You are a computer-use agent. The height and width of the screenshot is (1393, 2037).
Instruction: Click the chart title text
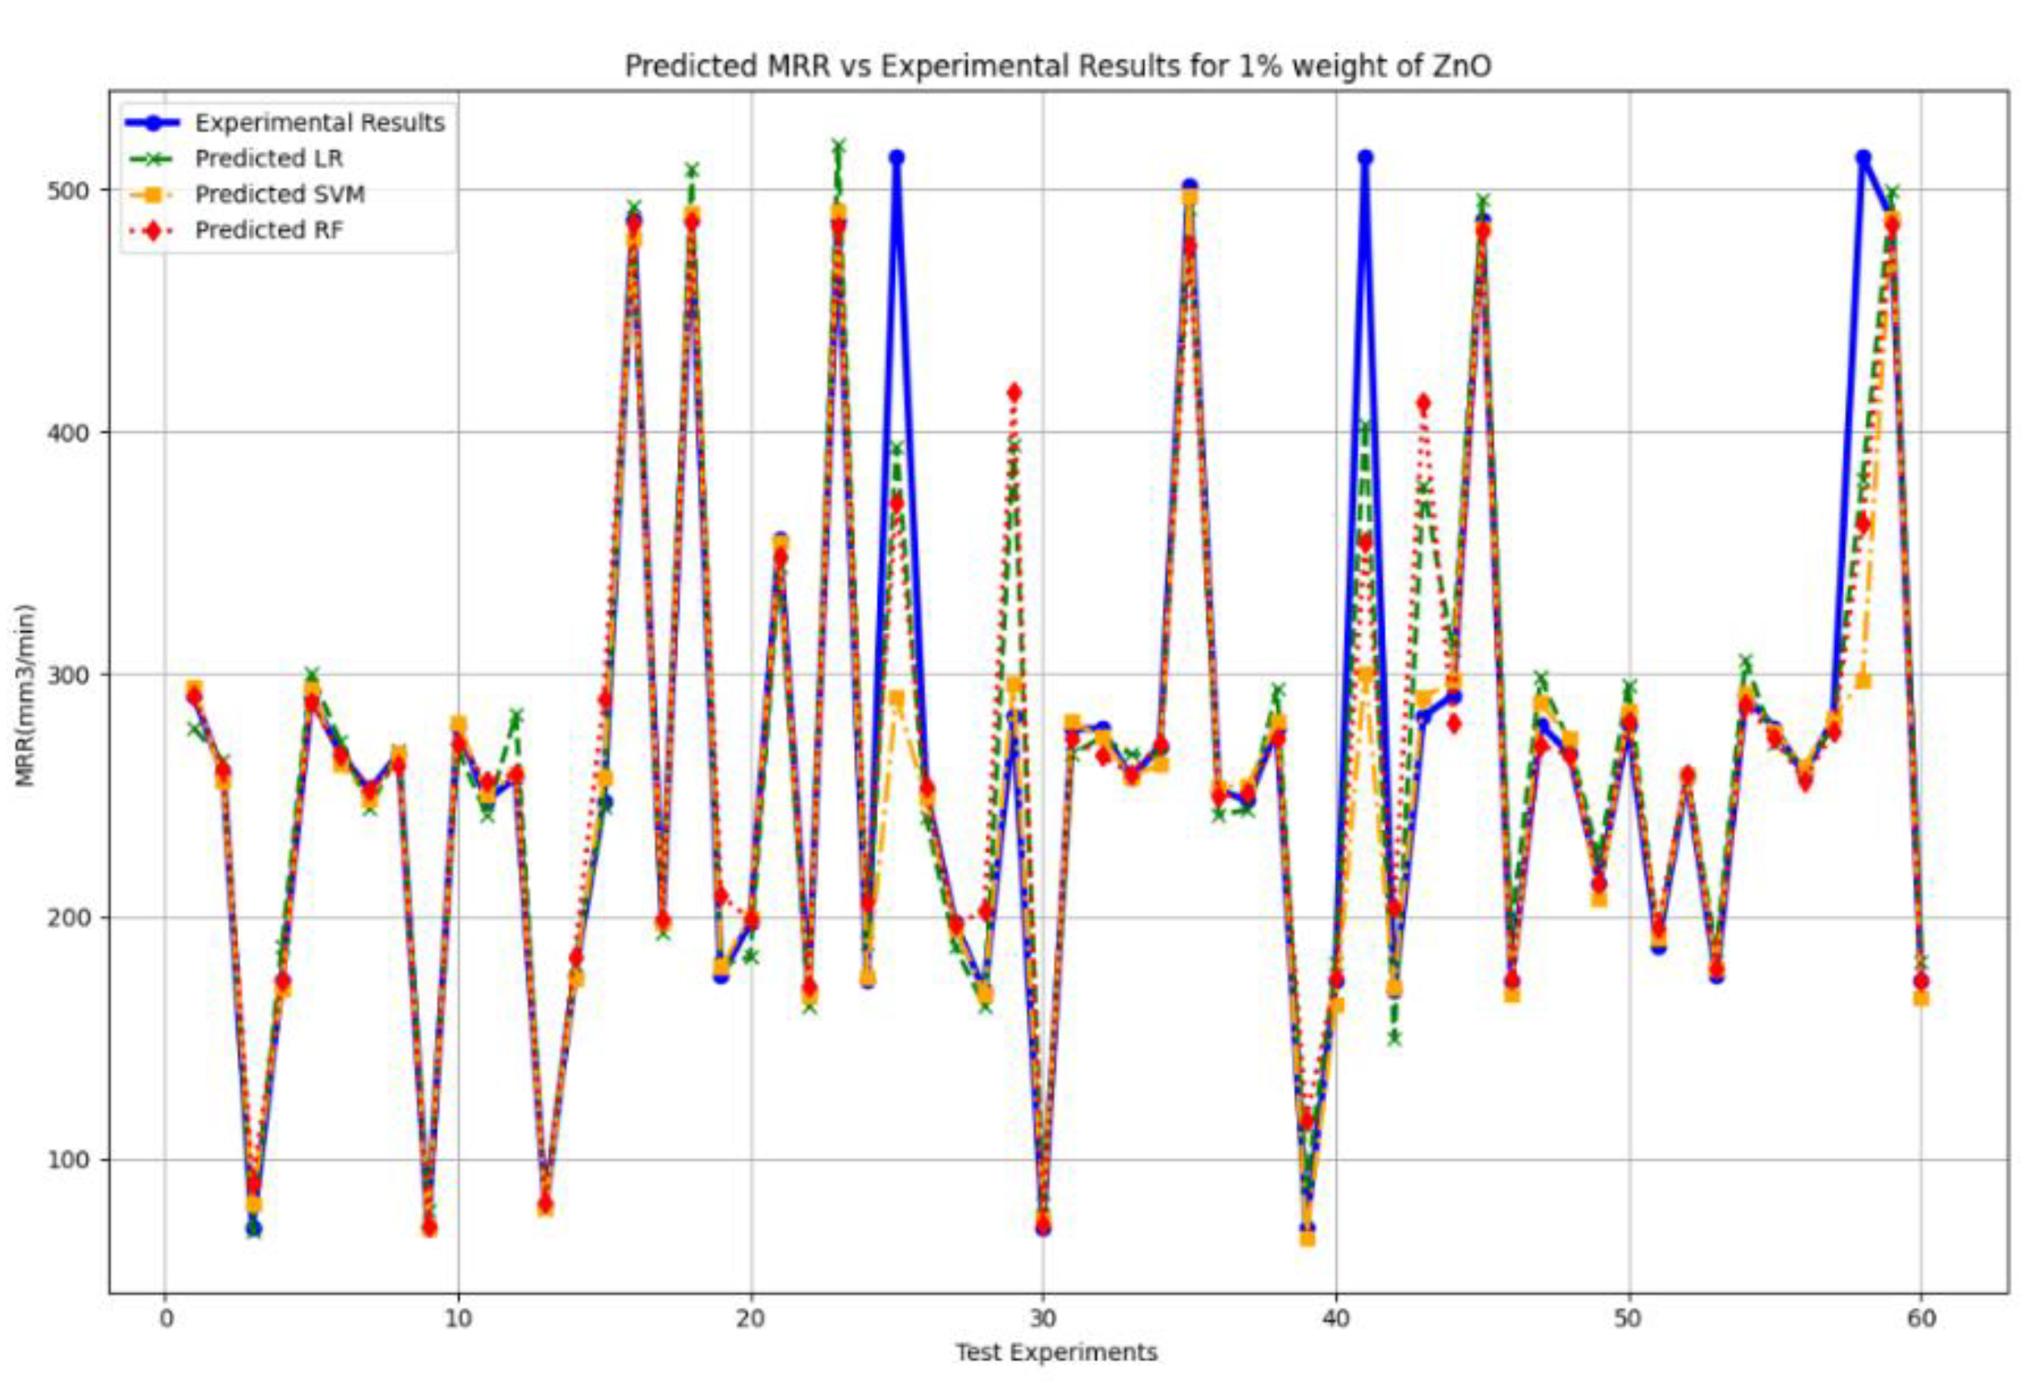click(1057, 67)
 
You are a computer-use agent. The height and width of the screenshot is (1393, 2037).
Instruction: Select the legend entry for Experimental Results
click(319, 123)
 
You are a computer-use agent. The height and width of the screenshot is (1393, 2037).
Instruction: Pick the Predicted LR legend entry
click(269, 159)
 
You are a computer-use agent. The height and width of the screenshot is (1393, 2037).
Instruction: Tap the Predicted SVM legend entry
click(279, 194)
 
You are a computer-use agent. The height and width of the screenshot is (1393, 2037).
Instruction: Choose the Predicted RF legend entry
click(269, 230)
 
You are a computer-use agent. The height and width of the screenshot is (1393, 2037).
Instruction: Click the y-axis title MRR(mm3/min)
click(27, 695)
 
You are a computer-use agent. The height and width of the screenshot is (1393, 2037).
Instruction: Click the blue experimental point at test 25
click(895, 158)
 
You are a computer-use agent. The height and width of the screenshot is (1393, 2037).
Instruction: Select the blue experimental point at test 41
click(1364, 158)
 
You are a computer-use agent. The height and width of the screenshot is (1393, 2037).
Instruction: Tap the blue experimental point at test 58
click(1862, 158)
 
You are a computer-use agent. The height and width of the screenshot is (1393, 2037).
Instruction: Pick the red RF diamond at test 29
click(1014, 393)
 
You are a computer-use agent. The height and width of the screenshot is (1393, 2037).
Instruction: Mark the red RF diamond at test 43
click(1423, 403)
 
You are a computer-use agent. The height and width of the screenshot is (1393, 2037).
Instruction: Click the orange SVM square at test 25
click(895, 699)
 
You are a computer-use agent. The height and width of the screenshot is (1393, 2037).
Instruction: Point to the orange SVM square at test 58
click(1862, 681)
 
